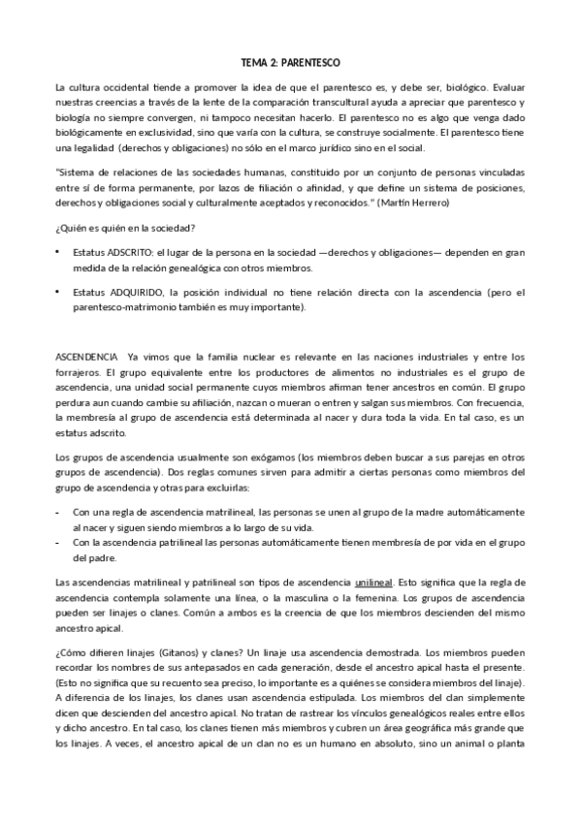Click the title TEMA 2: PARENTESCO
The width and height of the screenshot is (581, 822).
pyautogui.click(x=290, y=60)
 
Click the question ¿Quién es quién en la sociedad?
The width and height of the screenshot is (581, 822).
pyautogui.click(x=127, y=228)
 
